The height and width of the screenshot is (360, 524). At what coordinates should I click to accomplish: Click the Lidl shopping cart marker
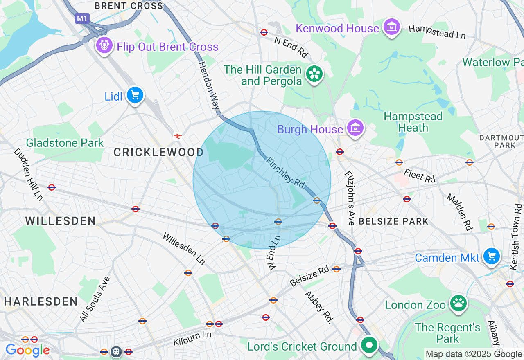135,96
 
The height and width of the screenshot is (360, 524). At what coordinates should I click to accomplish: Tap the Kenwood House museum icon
392,27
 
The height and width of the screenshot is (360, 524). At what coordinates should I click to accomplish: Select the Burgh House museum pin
355,128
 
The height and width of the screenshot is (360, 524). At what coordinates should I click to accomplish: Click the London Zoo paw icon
458,304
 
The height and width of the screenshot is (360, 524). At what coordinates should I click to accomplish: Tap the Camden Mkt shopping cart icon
491,256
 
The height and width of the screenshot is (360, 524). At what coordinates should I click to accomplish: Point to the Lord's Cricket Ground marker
369,346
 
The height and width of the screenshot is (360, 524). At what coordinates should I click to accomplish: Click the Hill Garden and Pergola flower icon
314,74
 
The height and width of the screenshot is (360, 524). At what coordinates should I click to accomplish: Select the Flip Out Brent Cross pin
104,45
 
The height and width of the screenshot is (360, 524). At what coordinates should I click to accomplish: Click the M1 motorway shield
82,18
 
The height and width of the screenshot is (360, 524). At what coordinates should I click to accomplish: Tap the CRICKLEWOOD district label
158,153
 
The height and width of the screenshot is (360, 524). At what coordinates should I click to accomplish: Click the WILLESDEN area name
61,221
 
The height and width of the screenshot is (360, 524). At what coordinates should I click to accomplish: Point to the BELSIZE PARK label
393,221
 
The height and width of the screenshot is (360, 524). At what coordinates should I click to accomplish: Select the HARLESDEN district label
41,302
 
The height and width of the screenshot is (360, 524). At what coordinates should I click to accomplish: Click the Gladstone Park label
65,143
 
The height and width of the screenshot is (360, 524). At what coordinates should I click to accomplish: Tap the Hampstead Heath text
413,122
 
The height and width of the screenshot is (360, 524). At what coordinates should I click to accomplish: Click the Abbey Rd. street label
318,307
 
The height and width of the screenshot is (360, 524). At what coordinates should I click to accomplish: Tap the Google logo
27,351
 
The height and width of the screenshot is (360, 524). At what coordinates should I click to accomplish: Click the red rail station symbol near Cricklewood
177,136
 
